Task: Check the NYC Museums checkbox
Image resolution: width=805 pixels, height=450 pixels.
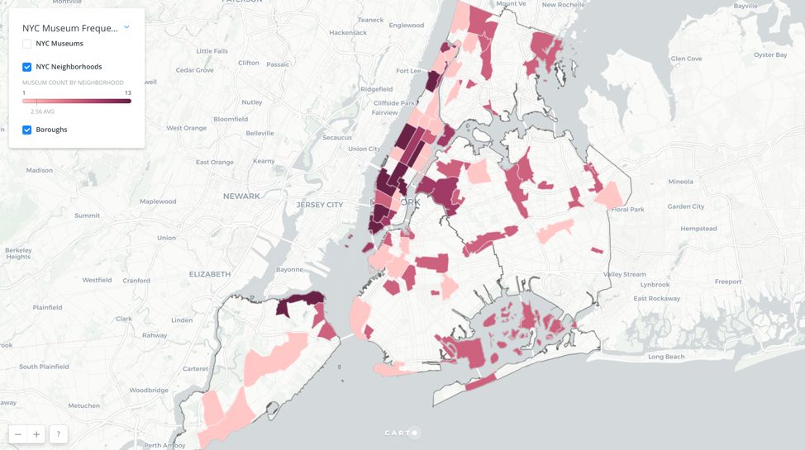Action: [27, 44]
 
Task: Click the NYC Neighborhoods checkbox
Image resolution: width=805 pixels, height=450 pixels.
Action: [27, 67]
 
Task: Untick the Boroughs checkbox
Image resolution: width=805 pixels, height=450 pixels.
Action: [27, 130]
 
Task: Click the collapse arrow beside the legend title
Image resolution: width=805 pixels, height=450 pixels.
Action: [126, 27]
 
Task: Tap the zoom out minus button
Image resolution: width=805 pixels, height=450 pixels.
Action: [18, 434]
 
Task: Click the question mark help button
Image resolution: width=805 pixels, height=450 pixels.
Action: [58, 434]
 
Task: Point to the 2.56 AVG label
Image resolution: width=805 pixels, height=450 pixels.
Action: [42, 111]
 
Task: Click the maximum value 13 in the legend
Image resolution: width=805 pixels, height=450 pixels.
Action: [128, 92]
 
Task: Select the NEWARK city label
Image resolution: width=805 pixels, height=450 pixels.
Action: [241, 197]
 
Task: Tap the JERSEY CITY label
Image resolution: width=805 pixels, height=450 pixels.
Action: [320, 205]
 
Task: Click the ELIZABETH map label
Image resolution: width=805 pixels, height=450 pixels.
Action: [210, 274]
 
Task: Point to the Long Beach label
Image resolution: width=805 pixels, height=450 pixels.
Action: [666, 357]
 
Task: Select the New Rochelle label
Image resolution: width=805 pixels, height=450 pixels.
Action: [562, 5]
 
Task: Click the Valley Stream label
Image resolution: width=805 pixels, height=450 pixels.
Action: [625, 274]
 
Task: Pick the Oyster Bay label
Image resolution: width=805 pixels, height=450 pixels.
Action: [770, 55]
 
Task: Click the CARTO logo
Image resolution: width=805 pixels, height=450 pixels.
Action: [402, 433]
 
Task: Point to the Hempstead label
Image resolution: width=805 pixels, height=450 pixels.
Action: [698, 229]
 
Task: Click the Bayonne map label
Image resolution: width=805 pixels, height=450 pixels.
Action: [289, 270]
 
